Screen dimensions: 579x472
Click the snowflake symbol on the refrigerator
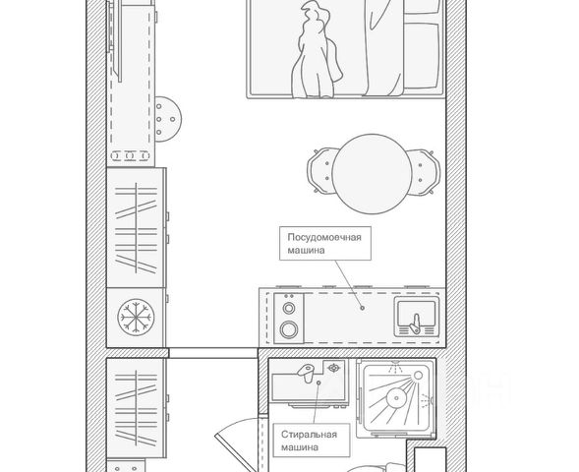click(136, 317)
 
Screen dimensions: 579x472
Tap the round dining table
click(372, 174)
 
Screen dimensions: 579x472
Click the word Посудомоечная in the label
click(324, 237)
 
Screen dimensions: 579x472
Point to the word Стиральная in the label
click(309, 435)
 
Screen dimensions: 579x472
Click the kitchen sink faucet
click(415, 325)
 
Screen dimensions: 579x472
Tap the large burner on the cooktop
click(289, 329)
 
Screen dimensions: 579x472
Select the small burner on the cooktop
click(288, 308)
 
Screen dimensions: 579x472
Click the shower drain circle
click(396, 398)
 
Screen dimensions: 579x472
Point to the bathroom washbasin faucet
click(307, 372)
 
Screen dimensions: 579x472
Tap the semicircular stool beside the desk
click(168, 119)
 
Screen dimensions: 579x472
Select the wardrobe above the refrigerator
click(136, 228)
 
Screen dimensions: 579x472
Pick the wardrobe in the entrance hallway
click(136, 408)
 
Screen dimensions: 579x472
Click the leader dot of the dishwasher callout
click(363, 308)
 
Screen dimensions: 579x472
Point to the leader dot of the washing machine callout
click(318, 383)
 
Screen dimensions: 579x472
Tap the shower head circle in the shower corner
click(418, 376)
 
